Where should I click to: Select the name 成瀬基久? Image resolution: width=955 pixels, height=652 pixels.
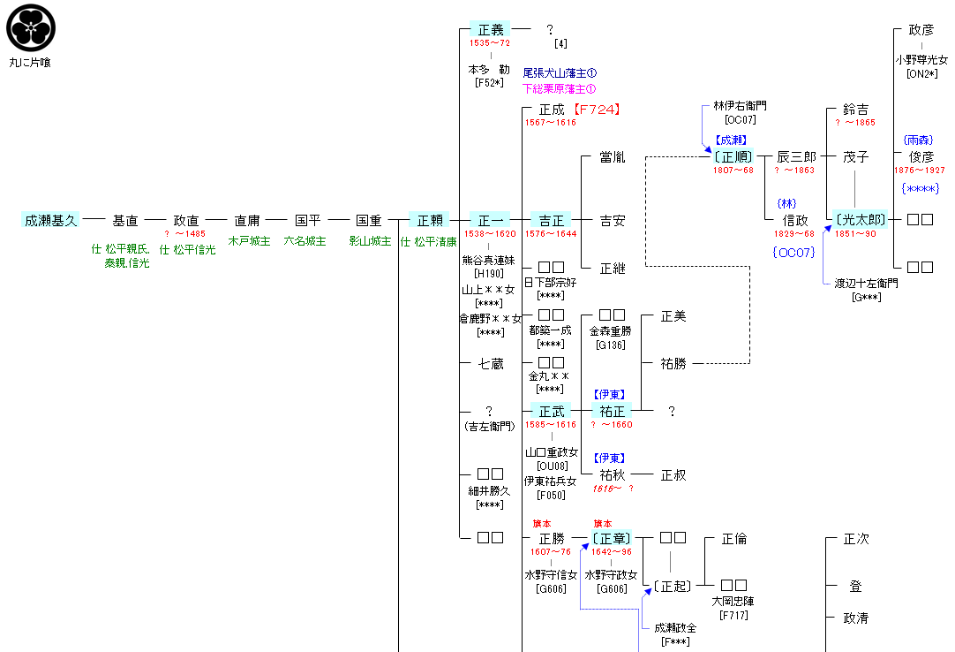click(51, 221)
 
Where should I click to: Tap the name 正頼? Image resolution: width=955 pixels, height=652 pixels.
click(431, 221)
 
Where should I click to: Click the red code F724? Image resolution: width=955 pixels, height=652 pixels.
click(596, 110)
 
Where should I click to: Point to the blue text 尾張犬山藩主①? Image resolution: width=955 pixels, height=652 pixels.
click(560, 73)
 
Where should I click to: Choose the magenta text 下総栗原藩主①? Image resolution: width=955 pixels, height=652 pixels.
click(560, 88)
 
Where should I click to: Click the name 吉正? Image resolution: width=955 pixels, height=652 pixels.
click(552, 221)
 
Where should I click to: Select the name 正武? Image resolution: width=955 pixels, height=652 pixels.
click(552, 412)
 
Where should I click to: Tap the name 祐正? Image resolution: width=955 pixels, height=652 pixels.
click(612, 412)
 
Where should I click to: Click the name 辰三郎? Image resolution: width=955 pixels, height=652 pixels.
click(796, 157)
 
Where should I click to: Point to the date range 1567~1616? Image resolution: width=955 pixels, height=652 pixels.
click(550, 123)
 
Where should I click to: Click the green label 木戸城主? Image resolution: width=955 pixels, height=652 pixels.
click(249, 241)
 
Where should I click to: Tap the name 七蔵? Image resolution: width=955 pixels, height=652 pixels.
click(491, 364)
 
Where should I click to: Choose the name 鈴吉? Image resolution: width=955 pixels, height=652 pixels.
click(855, 110)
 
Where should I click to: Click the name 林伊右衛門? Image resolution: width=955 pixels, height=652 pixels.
click(740, 106)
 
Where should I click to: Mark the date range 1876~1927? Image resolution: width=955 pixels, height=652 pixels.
click(919, 171)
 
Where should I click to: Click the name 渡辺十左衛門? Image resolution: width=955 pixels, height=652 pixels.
click(866, 284)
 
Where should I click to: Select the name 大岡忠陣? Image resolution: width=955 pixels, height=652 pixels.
click(733, 602)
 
